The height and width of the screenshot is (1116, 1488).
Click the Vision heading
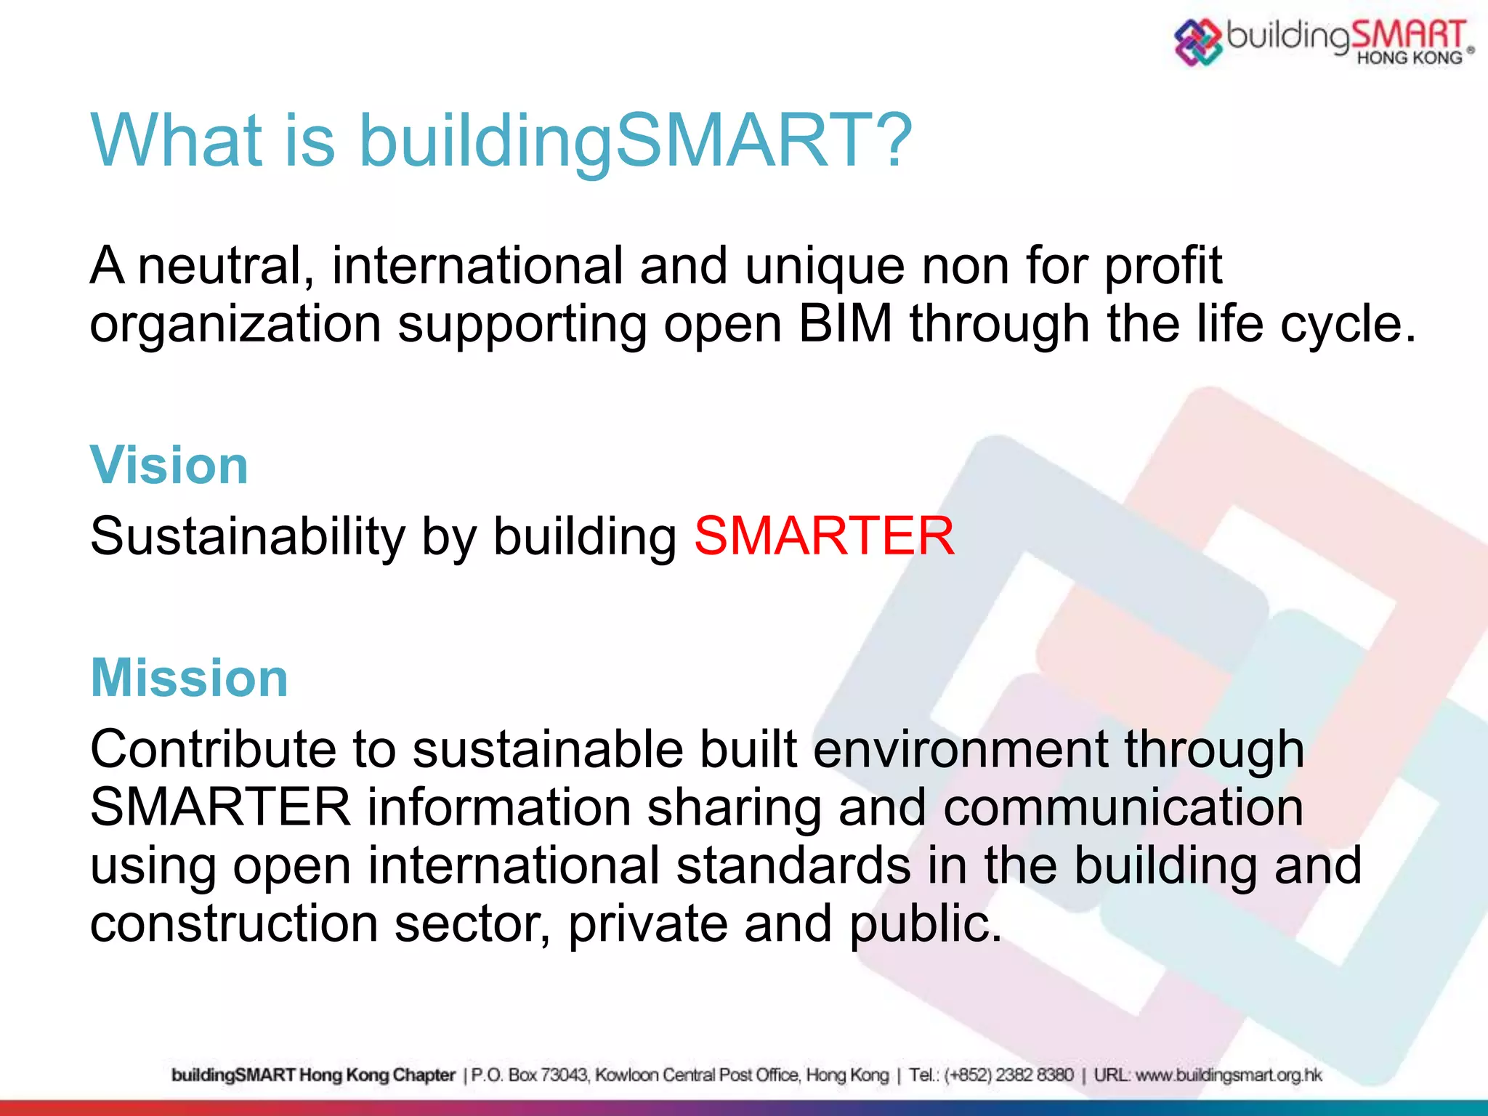pos(169,465)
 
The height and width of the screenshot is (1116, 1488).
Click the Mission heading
pos(190,678)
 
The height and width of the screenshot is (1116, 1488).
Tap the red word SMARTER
pos(824,536)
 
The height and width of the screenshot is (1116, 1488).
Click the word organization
pos(235,325)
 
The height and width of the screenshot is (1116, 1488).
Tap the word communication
pos(1123,808)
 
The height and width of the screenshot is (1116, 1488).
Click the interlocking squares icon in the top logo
pos(1197,41)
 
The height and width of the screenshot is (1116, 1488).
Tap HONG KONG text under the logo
pos(1409,58)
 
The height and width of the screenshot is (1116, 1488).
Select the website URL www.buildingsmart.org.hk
pos(1229,1075)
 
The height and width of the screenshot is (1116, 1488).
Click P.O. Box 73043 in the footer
pos(530,1075)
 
